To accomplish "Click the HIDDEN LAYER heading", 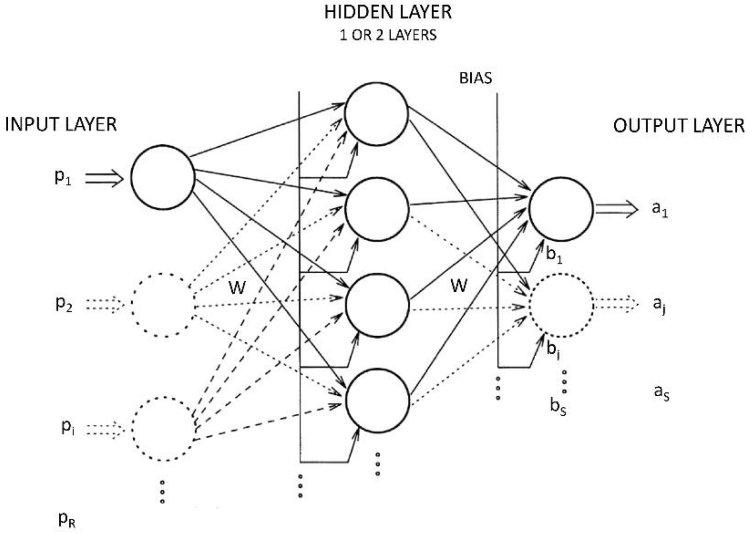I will [x=388, y=13].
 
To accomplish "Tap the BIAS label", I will [x=475, y=78].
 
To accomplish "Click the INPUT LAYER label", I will [x=61, y=125].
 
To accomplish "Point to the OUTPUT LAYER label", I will [x=679, y=126].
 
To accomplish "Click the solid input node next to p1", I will [x=163, y=177].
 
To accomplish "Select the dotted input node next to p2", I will [x=163, y=305].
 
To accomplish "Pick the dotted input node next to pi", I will [x=163, y=429].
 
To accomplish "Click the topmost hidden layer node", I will [x=377, y=114].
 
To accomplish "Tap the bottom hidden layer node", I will [x=377, y=400].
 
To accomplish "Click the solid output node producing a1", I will [x=561, y=209].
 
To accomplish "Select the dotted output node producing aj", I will [x=561, y=305].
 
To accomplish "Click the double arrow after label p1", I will [x=104, y=178].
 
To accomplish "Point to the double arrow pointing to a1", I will [x=616, y=209].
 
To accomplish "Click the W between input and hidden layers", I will [x=237, y=287].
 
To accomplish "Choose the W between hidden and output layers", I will [x=459, y=285].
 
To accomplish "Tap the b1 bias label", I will [x=554, y=255].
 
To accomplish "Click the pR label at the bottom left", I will [x=66, y=520].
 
